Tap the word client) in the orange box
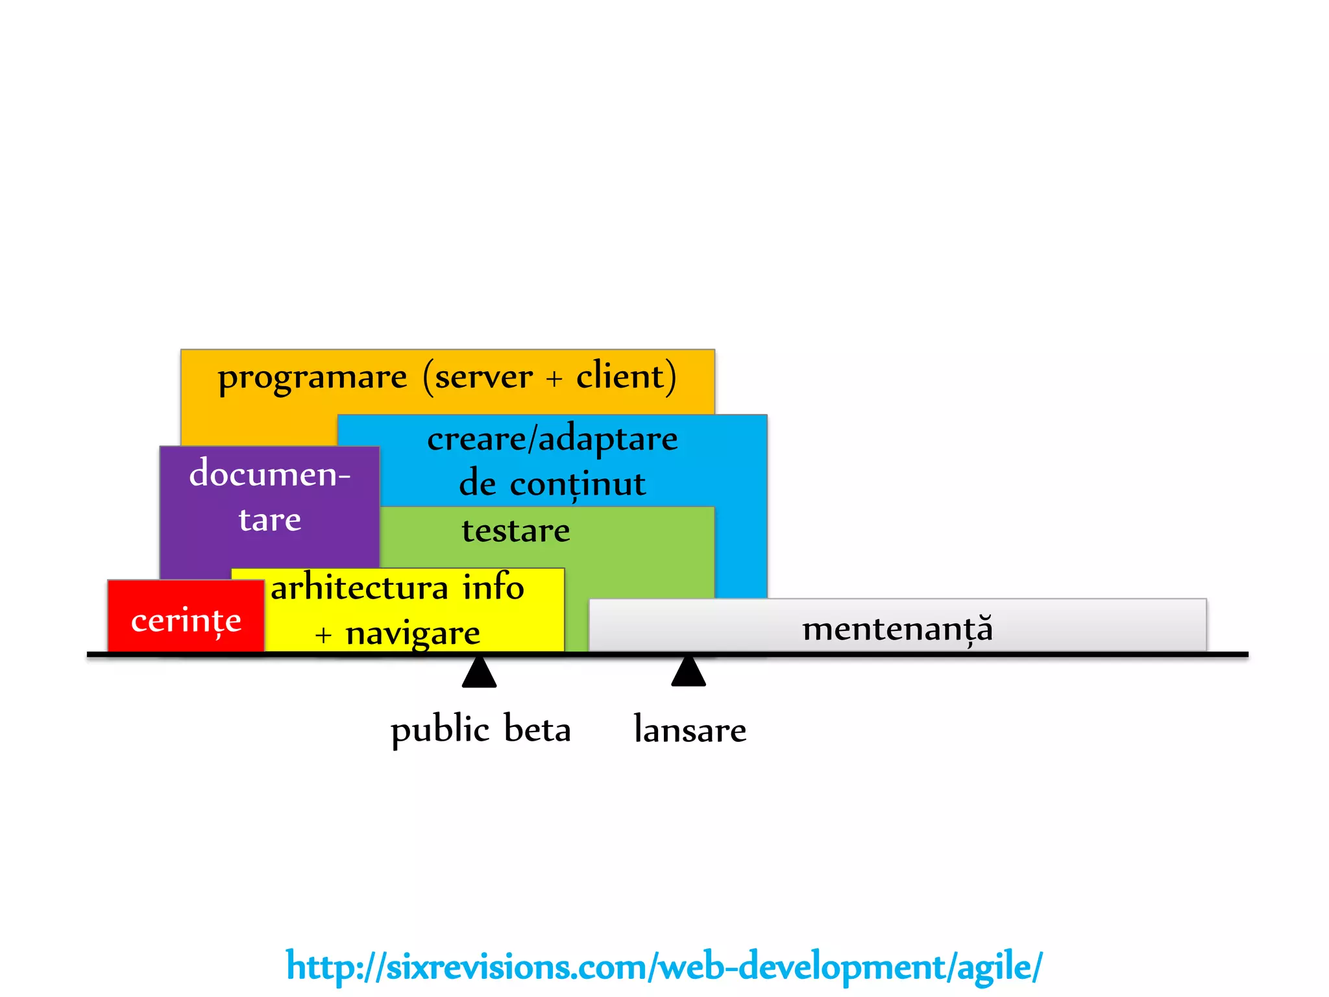pos(626,376)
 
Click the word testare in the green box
pos(516,531)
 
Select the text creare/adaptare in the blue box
pos(552,439)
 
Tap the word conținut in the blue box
pos(578,485)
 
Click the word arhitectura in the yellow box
pos(360,588)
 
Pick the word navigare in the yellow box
pos(413,634)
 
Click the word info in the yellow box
pos(493,587)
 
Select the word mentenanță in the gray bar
pos(897,629)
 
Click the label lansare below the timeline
pos(690,730)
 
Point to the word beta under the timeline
pos(537,729)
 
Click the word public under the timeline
pos(440,730)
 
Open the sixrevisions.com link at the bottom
pos(664,966)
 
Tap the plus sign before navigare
pos(323,635)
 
